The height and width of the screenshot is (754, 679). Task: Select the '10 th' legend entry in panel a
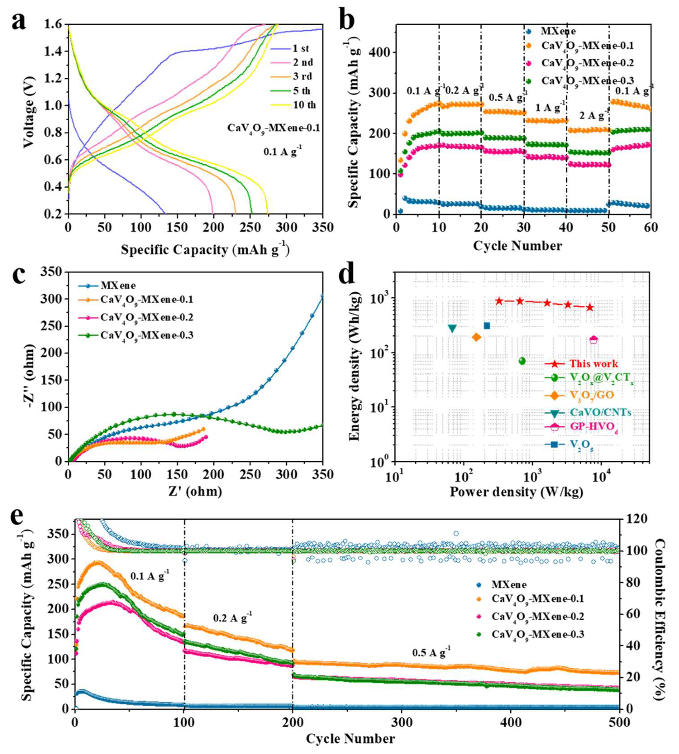pyautogui.click(x=304, y=105)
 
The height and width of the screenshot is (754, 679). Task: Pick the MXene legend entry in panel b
pyautogui.click(x=556, y=31)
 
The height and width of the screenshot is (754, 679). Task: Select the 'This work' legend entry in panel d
pyautogui.click(x=593, y=364)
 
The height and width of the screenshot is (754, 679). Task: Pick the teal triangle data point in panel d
pyautogui.click(x=452, y=328)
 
